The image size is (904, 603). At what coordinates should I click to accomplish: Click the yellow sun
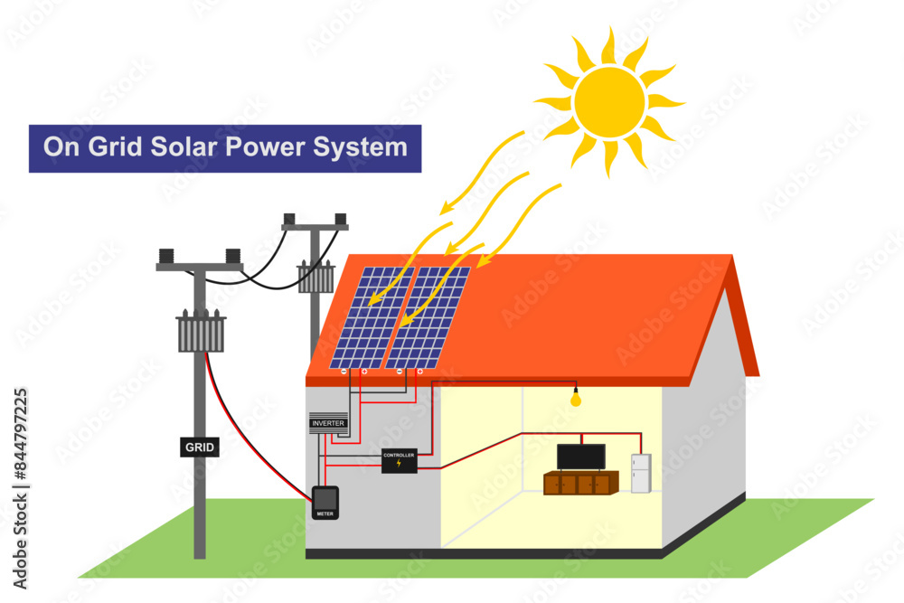click(609, 101)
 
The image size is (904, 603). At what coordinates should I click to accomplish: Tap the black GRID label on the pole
click(199, 447)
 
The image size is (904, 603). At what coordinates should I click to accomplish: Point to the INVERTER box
click(327, 423)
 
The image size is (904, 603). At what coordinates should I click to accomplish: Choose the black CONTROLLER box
click(399, 460)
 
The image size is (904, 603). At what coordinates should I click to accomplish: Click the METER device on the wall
click(325, 502)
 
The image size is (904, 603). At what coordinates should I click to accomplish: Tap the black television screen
click(580, 457)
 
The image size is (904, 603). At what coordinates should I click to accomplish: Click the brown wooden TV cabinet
click(579, 484)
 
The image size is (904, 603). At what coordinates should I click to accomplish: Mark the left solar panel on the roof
click(372, 317)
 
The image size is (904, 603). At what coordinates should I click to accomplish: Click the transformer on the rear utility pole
click(316, 277)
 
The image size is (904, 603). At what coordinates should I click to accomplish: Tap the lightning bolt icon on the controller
click(399, 465)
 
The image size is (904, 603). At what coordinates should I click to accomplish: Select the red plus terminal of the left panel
click(364, 372)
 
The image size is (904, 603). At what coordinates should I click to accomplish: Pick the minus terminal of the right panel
click(399, 372)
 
